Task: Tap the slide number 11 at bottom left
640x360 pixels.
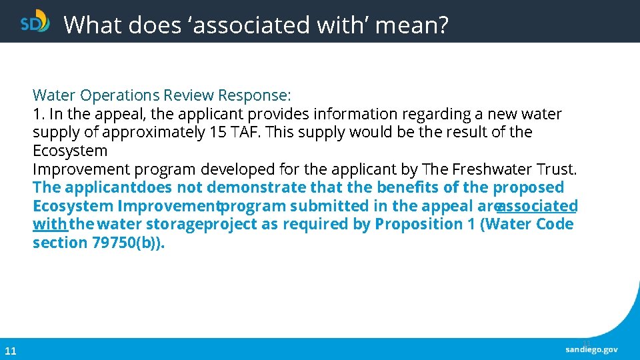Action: pos(11,351)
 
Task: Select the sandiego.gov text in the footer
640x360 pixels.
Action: pos(591,349)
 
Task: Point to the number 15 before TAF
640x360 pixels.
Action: pos(217,132)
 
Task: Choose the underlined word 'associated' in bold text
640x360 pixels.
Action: pos(537,206)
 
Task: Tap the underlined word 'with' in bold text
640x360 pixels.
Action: pos(49,224)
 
